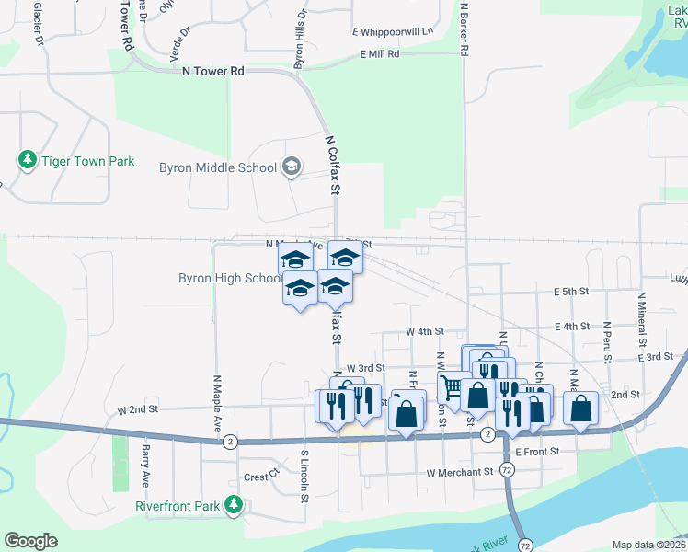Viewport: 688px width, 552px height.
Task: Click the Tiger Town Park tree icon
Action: click(x=28, y=161)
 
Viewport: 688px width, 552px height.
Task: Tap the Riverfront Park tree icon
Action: click(x=235, y=504)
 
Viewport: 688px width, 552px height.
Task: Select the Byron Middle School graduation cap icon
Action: click(x=292, y=167)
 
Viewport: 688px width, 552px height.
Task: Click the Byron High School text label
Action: click(x=229, y=278)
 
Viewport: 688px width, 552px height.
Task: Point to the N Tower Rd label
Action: click(x=213, y=70)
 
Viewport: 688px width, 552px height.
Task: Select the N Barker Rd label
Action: click(x=465, y=29)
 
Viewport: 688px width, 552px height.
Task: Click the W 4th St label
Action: click(x=425, y=331)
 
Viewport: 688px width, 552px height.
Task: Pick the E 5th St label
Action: click(x=571, y=292)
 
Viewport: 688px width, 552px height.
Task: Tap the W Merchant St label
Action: click(x=460, y=472)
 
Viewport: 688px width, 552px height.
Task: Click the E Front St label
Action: click(x=537, y=452)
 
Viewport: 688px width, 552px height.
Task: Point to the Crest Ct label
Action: click(x=261, y=477)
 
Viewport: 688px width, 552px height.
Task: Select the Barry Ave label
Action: click(x=145, y=465)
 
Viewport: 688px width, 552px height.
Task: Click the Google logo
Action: click(x=30, y=541)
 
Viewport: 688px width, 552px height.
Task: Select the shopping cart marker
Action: click(x=451, y=387)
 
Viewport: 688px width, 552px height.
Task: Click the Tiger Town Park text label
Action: click(x=88, y=161)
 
